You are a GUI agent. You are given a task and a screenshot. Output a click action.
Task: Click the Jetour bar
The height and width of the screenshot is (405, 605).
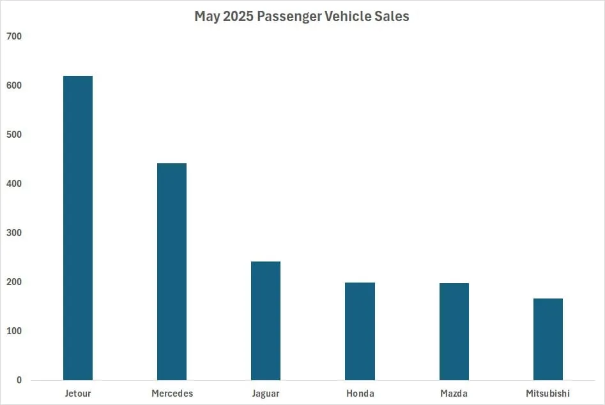pyautogui.click(x=78, y=228)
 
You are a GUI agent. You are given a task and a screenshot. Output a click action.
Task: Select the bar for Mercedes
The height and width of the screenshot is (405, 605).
pyautogui.click(x=172, y=272)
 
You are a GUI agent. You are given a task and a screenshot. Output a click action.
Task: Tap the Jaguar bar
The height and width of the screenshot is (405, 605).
pyautogui.click(x=266, y=321)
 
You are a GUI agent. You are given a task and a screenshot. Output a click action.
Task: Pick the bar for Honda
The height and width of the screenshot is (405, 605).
pyautogui.click(x=360, y=331)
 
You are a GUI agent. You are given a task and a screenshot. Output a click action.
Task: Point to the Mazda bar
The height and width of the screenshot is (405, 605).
pyautogui.click(x=454, y=332)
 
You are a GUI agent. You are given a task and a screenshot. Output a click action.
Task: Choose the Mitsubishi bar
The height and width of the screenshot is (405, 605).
pyautogui.click(x=548, y=339)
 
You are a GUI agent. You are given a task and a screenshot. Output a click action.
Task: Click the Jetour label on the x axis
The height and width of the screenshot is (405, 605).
pyautogui.click(x=78, y=393)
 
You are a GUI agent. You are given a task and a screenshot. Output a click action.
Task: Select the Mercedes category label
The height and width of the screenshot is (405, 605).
pyautogui.click(x=172, y=393)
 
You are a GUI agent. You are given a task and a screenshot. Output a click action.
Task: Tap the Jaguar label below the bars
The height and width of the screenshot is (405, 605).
pyautogui.click(x=266, y=393)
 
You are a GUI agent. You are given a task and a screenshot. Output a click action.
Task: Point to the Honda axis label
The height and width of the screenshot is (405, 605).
pyautogui.click(x=360, y=393)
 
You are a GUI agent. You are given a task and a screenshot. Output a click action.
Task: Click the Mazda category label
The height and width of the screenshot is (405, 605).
pyautogui.click(x=454, y=393)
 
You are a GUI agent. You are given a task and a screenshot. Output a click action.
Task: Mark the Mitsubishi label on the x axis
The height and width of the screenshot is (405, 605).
pyautogui.click(x=548, y=393)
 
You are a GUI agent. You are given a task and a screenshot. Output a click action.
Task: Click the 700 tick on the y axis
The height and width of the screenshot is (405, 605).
pyautogui.click(x=15, y=36)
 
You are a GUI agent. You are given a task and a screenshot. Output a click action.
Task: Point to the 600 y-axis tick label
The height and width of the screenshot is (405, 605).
pyautogui.click(x=15, y=85)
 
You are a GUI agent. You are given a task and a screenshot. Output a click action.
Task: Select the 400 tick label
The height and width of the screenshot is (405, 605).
pyautogui.click(x=15, y=184)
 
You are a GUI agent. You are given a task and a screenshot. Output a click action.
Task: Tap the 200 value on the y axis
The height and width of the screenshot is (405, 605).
pyautogui.click(x=15, y=282)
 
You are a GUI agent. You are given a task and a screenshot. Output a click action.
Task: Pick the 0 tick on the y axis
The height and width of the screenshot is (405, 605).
pyautogui.click(x=19, y=380)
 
